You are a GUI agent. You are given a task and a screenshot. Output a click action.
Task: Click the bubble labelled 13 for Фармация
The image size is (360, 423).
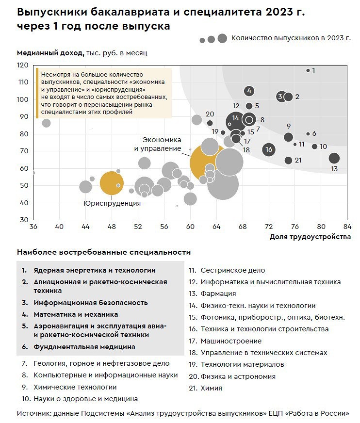(x=334, y=158)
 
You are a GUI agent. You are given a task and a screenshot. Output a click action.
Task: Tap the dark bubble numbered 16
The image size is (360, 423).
(x=269, y=149)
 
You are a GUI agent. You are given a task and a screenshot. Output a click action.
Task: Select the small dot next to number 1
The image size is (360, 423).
(x=308, y=71)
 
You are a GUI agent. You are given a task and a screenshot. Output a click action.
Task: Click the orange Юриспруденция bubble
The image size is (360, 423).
(x=112, y=183)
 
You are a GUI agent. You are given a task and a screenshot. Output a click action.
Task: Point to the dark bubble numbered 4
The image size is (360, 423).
(x=249, y=91)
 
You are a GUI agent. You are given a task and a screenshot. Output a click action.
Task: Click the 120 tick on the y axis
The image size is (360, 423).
(x=23, y=65)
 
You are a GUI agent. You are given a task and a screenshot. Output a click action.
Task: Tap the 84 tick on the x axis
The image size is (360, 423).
(x=347, y=226)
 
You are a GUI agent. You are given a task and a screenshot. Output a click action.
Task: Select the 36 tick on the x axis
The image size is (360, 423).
(x=33, y=226)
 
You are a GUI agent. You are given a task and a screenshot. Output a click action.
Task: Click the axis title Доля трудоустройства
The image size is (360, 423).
(x=310, y=237)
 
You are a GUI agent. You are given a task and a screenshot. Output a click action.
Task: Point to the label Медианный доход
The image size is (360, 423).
(x=50, y=52)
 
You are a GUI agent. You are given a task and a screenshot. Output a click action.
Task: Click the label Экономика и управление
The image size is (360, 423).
(x=157, y=144)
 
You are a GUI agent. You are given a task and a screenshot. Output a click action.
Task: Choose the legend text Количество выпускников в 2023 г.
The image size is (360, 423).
(x=291, y=38)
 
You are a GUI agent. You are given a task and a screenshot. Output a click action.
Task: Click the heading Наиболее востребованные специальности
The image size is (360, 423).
(x=104, y=252)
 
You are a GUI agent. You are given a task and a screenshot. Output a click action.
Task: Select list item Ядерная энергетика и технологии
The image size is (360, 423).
(x=95, y=270)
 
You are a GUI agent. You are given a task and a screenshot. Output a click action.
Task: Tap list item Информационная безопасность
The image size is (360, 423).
(x=90, y=303)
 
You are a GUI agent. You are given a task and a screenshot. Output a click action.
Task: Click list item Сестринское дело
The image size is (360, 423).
(x=233, y=270)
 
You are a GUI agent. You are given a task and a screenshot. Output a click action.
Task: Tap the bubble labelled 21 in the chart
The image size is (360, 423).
(x=288, y=161)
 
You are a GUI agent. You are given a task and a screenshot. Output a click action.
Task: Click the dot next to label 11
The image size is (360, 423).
(x=295, y=144)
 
